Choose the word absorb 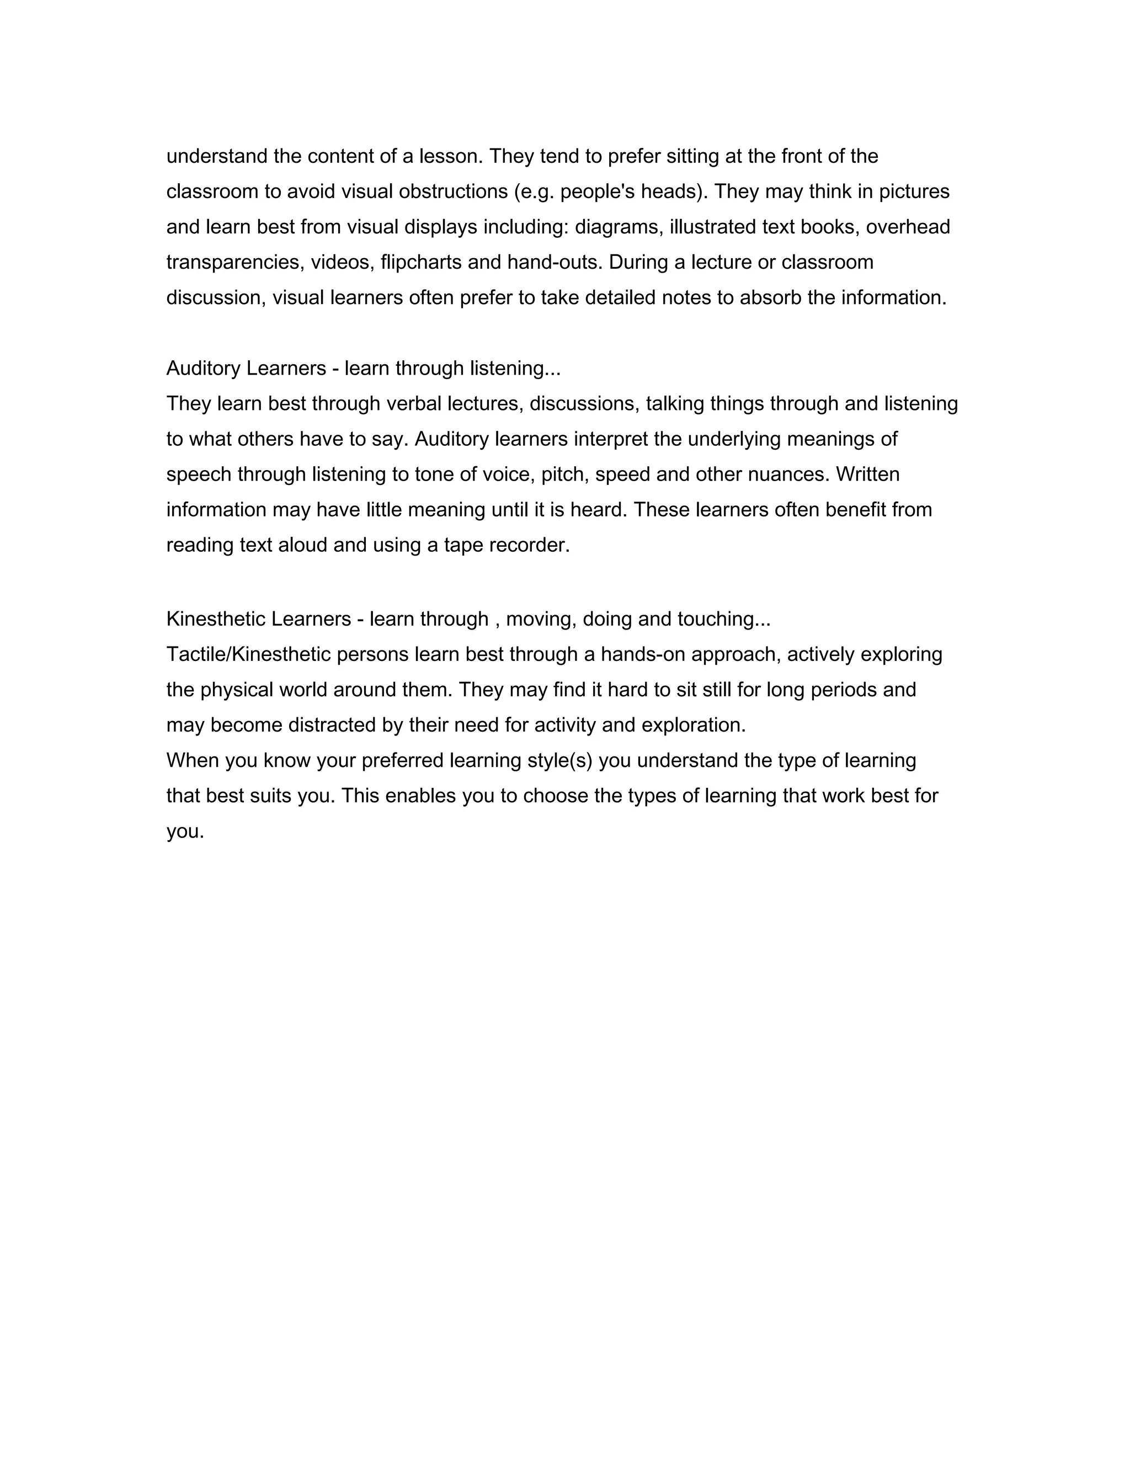(770, 298)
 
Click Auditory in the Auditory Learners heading (204, 368)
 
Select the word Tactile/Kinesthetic (248, 655)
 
